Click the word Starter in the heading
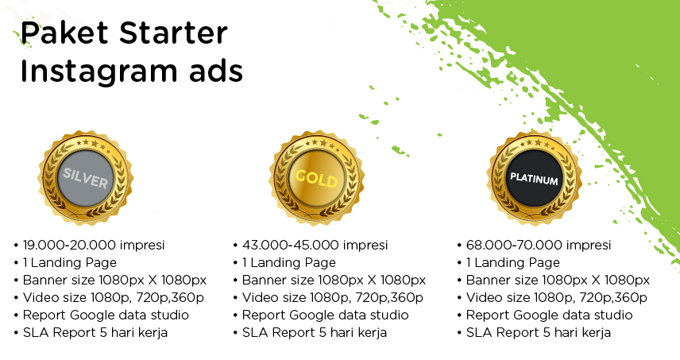pos(173,33)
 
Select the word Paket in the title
pos(64,33)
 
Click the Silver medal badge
pos(86,177)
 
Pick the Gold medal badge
pos(317,177)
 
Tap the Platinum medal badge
pos(534,177)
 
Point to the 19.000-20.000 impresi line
pos(94,245)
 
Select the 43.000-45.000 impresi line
pos(315,245)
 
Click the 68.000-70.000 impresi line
pos(539,245)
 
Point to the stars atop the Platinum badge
pos(537,143)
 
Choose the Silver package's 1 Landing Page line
pos(70,262)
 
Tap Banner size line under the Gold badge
pos(334,281)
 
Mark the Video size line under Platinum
pos(556,297)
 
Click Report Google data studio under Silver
pos(106,315)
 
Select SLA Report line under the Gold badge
pos(315,333)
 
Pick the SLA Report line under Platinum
pos(539,333)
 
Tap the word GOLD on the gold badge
pos(316,178)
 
